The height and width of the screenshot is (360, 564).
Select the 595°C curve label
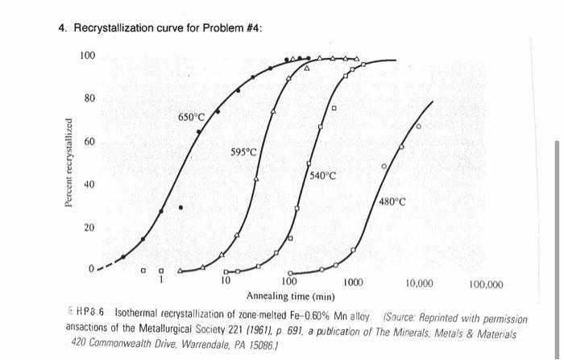pyautogui.click(x=243, y=151)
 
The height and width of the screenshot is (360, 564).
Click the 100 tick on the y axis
pyautogui.click(x=88, y=55)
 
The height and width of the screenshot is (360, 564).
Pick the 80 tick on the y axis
pyautogui.click(x=90, y=98)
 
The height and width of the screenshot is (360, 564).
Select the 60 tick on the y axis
pyautogui.click(x=90, y=142)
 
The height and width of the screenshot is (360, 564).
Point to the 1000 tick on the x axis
pyautogui.click(x=351, y=283)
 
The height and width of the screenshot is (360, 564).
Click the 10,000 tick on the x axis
pyautogui.click(x=419, y=284)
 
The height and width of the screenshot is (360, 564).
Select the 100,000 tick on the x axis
pyautogui.click(x=485, y=284)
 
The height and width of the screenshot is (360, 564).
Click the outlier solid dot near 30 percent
pyautogui.click(x=180, y=207)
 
